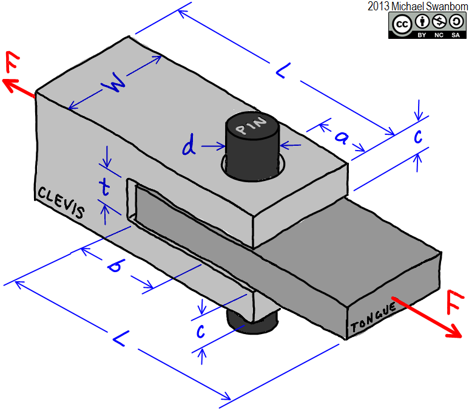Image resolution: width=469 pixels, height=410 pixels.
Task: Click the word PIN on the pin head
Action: click(x=252, y=127)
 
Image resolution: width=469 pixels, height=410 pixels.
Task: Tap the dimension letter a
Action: click(x=341, y=138)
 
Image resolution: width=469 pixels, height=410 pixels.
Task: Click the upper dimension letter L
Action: click(x=281, y=71)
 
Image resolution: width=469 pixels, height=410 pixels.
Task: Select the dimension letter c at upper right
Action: click(x=418, y=137)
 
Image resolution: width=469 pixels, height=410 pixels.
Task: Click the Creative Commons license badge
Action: click(x=428, y=26)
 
